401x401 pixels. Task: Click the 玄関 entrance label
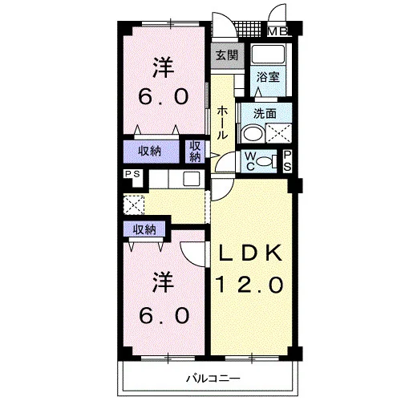[x=227, y=55]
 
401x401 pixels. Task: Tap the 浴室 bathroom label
[x=268, y=77]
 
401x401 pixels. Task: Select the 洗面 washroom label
[x=265, y=114]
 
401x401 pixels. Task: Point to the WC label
[x=250, y=161]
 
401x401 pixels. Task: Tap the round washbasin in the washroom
[x=253, y=133]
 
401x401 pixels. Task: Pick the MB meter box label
[x=278, y=31]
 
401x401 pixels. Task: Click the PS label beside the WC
[x=287, y=161]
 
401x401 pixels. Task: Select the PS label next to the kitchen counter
[x=133, y=174]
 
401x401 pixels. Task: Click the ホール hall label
[x=222, y=123]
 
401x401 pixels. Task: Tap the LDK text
[x=251, y=253]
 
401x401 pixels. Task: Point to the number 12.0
[x=249, y=284]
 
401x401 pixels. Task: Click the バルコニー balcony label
[x=213, y=379]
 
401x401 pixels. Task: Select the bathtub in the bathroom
[x=268, y=55]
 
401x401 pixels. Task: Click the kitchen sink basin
[x=192, y=179]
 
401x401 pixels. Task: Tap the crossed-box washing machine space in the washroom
[x=279, y=133]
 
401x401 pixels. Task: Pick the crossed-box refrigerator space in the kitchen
[x=134, y=205]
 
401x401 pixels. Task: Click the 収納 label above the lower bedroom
[x=144, y=229]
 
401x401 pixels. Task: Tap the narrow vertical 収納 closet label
[x=195, y=152]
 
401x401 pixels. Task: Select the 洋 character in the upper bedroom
[x=163, y=67]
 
